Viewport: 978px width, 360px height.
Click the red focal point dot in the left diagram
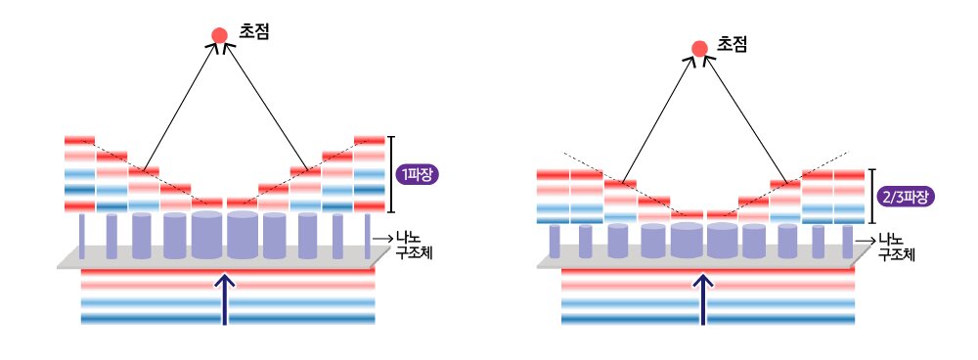click(x=219, y=35)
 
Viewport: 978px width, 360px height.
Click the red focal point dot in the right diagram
click(x=699, y=48)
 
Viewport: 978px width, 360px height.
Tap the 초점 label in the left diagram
click(x=254, y=31)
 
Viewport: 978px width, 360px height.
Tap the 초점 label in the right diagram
click(x=733, y=44)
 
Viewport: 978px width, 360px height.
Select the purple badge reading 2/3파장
click(x=904, y=197)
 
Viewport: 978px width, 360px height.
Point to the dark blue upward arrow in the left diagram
click(x=226, y=297)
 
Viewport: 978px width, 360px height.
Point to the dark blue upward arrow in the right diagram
click(x=704, y=297)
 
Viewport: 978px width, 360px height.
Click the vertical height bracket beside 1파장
click(x=391, y=174)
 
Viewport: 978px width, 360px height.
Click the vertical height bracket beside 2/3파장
click(x=871, y=197)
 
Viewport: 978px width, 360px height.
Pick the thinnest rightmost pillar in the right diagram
click(x=846, y=240)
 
